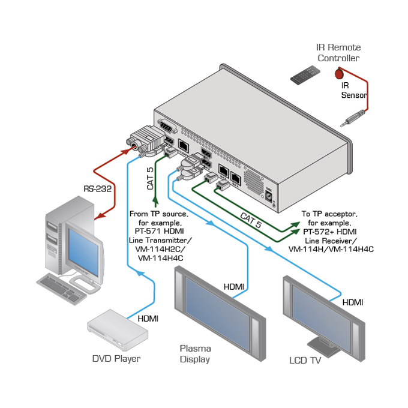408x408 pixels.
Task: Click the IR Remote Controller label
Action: [x=338, y=53]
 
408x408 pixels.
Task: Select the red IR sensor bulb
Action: [x=339, y=73]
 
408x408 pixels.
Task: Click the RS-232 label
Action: [x=95, y=190]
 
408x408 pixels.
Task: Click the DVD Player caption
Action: [x=116, y=359]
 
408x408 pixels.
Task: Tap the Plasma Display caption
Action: [x=195, y=354]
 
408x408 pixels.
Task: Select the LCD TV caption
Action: [x=305, y=361]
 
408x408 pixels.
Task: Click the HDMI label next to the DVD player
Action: [x=148, y=319]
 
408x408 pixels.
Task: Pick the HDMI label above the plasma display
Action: [x=234, y=287]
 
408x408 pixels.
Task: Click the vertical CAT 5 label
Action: [x=150, y=178]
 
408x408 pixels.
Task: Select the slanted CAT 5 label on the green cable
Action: [x=251, y=220]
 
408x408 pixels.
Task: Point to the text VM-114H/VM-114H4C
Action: [x=331, y=249]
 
